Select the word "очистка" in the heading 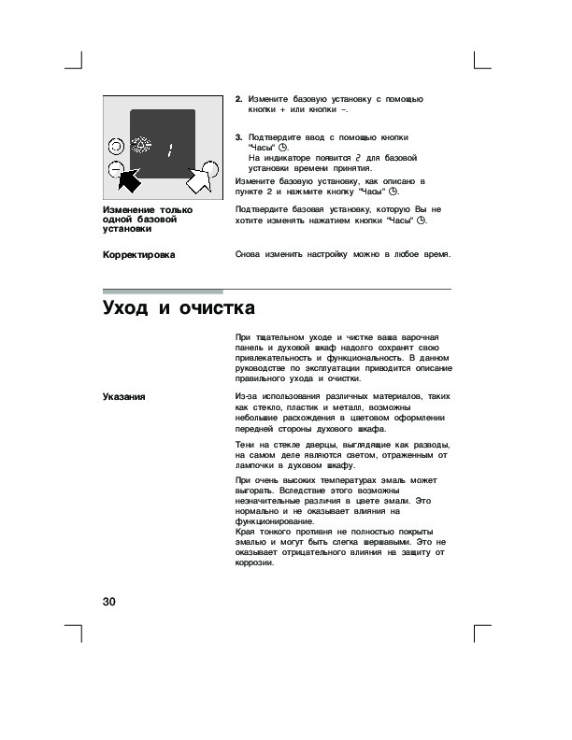coord(214,308)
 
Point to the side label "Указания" coord(123,397)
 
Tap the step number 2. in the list coord(238,99)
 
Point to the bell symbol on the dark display coord(143,146)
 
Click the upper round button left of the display coord(115,146)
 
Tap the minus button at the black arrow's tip coord(115,169)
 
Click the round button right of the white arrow coord(211,169)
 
